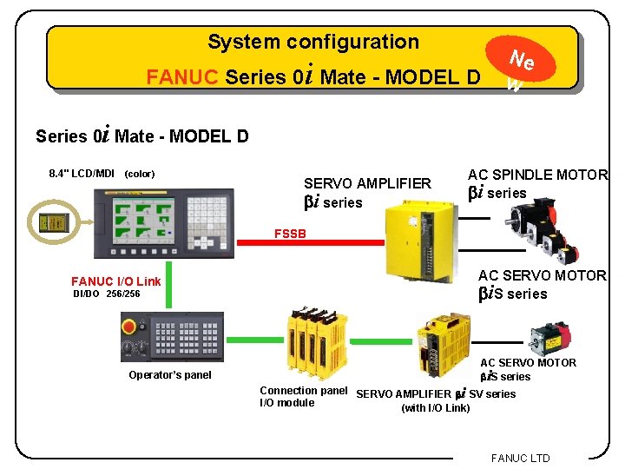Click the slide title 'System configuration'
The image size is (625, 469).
tap(312, 42)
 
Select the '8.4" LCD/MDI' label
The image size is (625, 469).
tap(82, 174)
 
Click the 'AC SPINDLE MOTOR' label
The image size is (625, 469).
tap(537, 175)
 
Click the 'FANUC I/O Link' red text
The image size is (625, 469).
tap(115, 281)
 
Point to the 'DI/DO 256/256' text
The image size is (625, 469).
tap(106, 294)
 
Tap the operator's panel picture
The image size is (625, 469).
tap(172, 336)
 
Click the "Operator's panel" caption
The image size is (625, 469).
tap(169, 375)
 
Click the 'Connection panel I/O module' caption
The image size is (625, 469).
tap(302, 397)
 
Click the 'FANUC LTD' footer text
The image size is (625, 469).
tap(520, 458)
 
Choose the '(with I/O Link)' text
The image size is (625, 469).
tap(435, 408)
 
